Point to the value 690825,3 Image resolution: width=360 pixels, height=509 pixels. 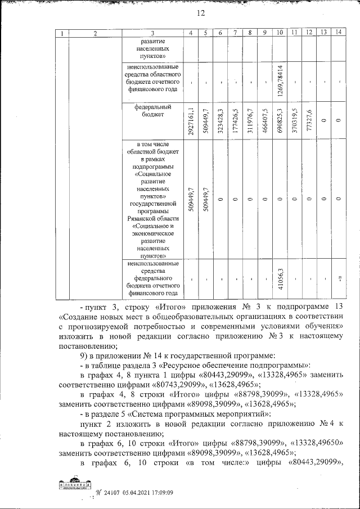pos(280,120)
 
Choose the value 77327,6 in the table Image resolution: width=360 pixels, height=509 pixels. pos(308,120)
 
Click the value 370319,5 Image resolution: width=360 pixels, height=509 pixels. pos(294,120)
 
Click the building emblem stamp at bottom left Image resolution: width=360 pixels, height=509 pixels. pos(73,485)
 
